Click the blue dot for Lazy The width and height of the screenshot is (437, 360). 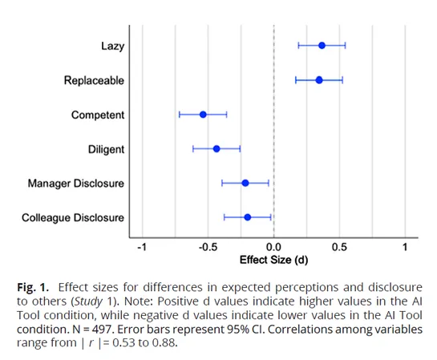pos(322,46)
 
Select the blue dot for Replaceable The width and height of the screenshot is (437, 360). pos(319,80)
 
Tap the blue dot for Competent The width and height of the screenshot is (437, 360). pos(203,115)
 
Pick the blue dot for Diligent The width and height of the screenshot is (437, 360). pos(216,148)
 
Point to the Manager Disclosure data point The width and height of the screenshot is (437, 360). pos(245,183)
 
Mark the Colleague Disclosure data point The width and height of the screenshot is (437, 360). pos(248,217)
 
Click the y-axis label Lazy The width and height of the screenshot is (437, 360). pos(112,46)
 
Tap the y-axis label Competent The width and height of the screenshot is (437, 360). pos(98,115)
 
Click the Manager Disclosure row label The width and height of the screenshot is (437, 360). pos(76,183)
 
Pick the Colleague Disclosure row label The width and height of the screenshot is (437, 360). pos(73,217)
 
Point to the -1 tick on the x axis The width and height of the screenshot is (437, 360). pos(141,246)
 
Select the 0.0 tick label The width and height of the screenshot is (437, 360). pos(274,246)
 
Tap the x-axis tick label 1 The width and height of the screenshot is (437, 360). pos(406,246)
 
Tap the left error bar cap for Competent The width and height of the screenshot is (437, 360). pos(180,115)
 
